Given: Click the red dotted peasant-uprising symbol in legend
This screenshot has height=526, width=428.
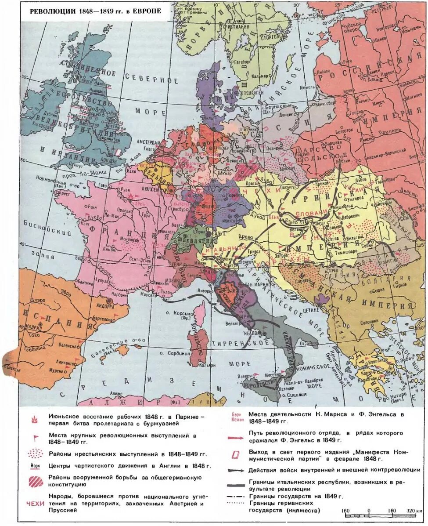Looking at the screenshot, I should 36,453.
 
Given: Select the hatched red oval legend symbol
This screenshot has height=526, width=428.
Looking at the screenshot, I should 36,482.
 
